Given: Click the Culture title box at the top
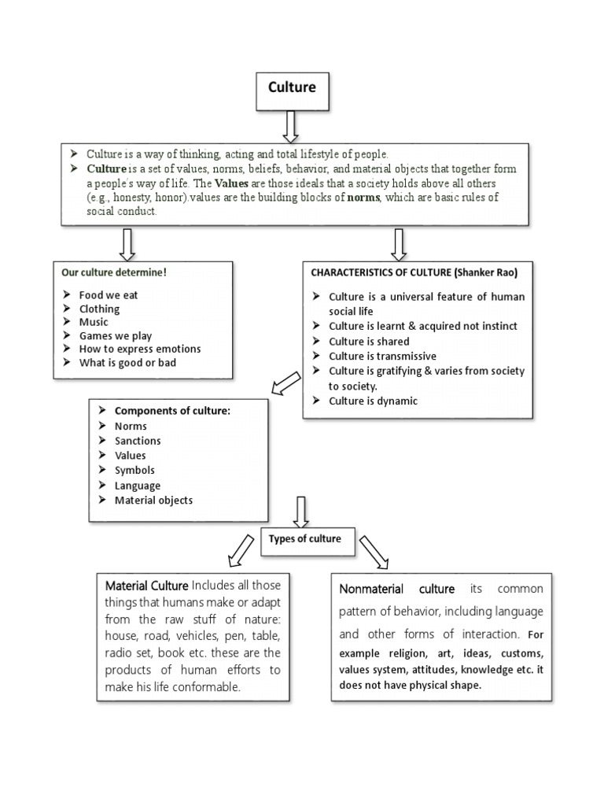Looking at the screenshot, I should [293, 88].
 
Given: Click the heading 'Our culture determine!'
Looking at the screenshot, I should [114, 272].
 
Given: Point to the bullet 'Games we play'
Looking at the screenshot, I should [116, 335].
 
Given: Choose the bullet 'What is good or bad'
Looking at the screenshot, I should [127, 363].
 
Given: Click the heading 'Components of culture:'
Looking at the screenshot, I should [172, 411].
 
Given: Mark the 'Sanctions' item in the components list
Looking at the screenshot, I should [138, 441].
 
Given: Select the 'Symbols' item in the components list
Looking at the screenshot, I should [134, 470].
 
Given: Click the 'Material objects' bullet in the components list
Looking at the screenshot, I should [153, 500].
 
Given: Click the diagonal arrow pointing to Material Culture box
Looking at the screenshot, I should [241, 549].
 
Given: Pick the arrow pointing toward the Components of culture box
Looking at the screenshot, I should [285, 383].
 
